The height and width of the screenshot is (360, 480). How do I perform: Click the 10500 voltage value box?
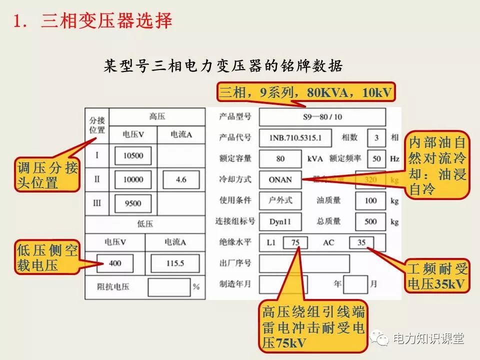pos(133,155)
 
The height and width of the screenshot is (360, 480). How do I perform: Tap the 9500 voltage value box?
pos(133,203)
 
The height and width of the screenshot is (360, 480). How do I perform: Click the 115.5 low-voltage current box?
pos(175,263)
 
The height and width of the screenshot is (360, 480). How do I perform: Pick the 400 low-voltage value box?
pos(115,263)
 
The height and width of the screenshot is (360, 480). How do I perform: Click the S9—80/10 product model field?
pos(322,117)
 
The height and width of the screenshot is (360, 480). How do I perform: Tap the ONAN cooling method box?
pos(280,179)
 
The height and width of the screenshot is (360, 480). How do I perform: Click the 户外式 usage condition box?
pos(280,200)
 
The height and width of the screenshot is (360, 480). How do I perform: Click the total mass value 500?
pos(370,221)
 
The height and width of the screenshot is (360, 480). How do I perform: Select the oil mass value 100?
pos(370,200)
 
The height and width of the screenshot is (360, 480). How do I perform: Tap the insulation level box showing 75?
pos(295,242)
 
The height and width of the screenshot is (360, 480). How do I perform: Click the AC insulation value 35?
pos(361,242)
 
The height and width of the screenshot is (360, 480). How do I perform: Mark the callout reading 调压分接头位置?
pos(47,175)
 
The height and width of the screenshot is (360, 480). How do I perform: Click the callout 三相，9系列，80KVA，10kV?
pos(305,92)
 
